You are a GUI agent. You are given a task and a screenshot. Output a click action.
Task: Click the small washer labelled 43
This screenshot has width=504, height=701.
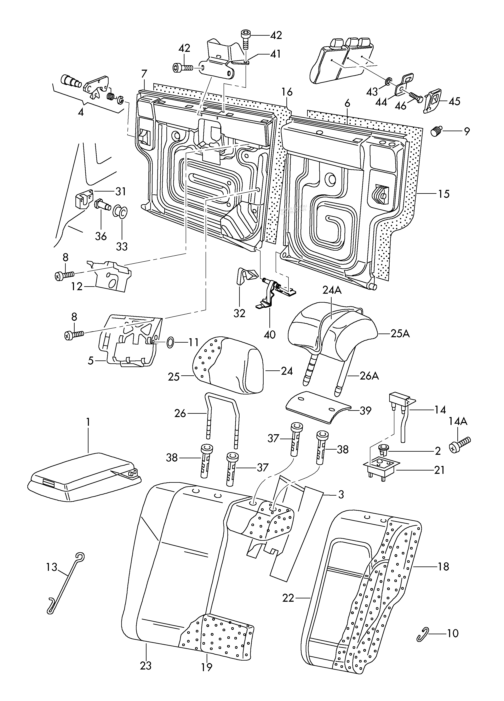388,81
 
